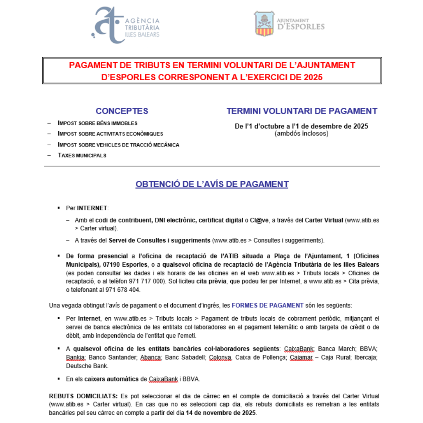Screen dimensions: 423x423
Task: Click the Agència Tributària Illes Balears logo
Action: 125,25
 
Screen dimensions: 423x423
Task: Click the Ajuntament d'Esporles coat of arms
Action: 264,23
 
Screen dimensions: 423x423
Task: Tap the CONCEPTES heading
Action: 122,111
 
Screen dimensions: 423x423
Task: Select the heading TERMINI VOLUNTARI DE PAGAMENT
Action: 302,111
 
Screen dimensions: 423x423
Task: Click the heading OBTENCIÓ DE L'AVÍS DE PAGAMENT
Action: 212,184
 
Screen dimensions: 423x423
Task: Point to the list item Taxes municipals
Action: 82,155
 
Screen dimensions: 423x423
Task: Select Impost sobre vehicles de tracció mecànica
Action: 118,145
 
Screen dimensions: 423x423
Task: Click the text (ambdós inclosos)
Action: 302,133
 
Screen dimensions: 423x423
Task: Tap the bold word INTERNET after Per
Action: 92,208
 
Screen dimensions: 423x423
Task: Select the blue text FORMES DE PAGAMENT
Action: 268,305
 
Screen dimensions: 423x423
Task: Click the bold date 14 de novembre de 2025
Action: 221,413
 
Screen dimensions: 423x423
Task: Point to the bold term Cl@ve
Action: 259,220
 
